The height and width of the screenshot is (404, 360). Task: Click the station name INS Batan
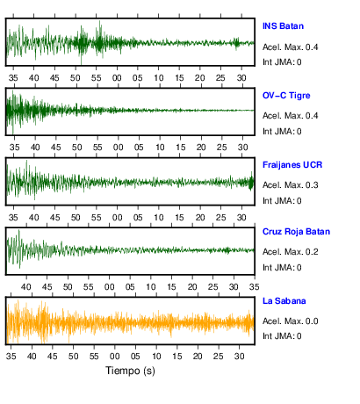point(283,26)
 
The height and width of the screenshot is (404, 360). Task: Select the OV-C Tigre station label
point(286,96)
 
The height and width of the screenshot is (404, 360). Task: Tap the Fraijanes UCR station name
point(292,165)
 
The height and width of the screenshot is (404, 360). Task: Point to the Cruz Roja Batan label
point(296,232)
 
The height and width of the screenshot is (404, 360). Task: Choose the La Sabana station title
point(284,301)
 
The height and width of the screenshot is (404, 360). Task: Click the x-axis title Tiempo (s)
point(130,371)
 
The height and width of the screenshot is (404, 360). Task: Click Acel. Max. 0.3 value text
point(291,185)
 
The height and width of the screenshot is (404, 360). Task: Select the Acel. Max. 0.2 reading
point(291,252)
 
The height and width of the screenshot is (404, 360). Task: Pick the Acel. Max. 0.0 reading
point(291,321)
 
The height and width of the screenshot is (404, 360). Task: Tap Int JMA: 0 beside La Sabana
point(282,336)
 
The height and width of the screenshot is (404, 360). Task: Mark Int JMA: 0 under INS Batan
point(282,62)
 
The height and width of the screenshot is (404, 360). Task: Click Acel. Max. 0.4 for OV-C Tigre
point(291,116)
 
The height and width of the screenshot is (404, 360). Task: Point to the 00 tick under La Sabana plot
point(115,357)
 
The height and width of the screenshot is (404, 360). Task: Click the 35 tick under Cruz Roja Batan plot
point(255,287)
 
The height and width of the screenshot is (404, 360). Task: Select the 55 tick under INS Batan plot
point(96,78)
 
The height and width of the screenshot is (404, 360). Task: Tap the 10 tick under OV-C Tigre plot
point(160,148)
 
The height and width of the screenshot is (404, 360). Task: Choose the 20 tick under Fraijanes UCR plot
point(200,218)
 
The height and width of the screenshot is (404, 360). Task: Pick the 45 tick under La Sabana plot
point(53,357)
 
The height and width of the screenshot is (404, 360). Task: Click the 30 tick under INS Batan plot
point(241,78)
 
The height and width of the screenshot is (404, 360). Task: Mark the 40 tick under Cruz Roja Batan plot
point(26,287)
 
